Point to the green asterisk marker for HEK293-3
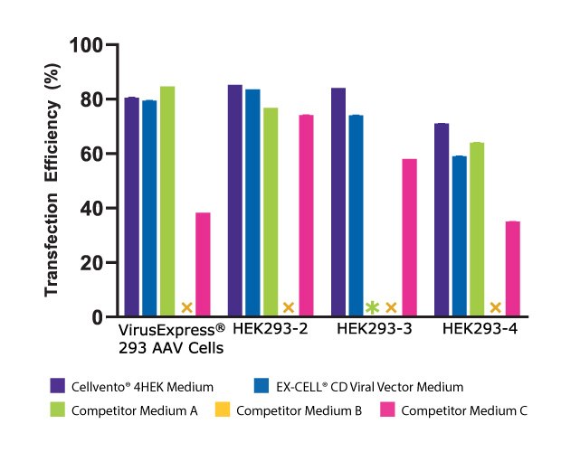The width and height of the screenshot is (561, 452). (371, 307)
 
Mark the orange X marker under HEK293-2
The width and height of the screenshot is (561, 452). (289, 307)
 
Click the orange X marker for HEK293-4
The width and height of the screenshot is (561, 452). (495, 307)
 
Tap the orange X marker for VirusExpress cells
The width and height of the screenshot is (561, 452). (186, 307)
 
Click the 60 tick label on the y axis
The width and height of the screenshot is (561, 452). (89, 154)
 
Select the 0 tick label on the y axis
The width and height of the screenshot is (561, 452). (94, 317)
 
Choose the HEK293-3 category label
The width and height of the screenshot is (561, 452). (375, 329)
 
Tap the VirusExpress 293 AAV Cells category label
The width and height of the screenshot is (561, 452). (171, 338)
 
